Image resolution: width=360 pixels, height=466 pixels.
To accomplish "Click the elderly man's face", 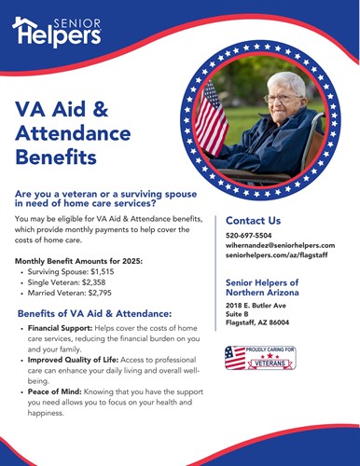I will tap(280, 98).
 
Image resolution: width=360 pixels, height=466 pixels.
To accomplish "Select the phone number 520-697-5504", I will tap(249, 236).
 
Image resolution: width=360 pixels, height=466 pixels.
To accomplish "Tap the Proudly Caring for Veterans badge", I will tap(260, 359).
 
